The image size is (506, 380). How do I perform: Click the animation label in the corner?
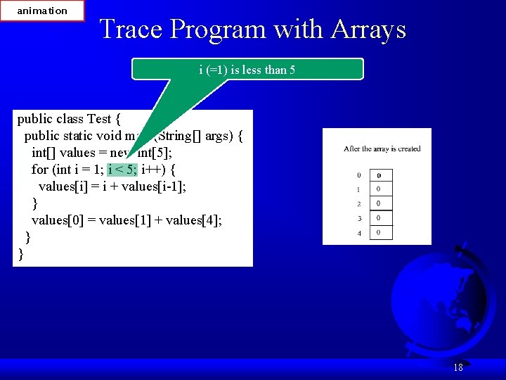(42, 11)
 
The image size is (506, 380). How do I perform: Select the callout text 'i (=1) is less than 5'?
(247, 70)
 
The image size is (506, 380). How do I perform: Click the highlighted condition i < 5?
(123, 170)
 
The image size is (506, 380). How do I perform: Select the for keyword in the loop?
(40, 170)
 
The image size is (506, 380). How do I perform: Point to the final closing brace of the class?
(20, 254)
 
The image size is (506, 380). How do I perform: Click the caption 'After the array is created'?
(382, 149)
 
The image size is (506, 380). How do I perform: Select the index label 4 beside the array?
(359, 233)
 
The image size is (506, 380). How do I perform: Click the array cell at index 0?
(381, 175)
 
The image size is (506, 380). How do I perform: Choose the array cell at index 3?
(381, 218)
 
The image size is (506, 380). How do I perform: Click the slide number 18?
(458, 367)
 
